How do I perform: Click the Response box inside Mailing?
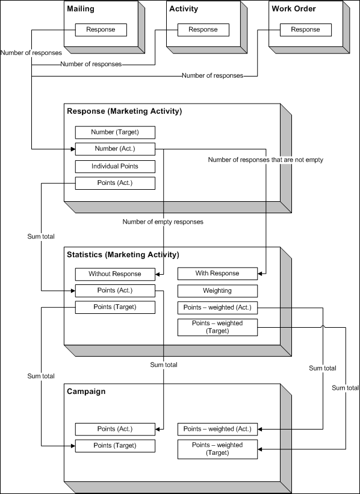[101, 30]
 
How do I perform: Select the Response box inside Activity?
[203, 30]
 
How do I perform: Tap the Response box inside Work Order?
[305, 30]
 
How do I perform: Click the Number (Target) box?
[115, 133]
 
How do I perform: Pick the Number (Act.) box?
[115, 149]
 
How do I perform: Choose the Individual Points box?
[115, 166]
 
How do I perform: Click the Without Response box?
[115, 274]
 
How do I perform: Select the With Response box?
[217, 274]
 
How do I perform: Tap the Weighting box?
[217, 291]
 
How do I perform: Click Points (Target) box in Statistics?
[115, 307]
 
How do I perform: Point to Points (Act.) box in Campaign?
[115, 429]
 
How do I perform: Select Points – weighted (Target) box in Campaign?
[217, 449]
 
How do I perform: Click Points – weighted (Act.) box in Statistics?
[217, 307]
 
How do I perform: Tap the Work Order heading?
[294, 9]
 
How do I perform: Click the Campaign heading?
[86, 392]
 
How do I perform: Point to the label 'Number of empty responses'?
[163, 222]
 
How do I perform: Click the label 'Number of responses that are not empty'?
[265, 160]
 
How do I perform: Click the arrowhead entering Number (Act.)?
[73, 149]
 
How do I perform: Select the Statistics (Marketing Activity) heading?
[123, 255]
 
